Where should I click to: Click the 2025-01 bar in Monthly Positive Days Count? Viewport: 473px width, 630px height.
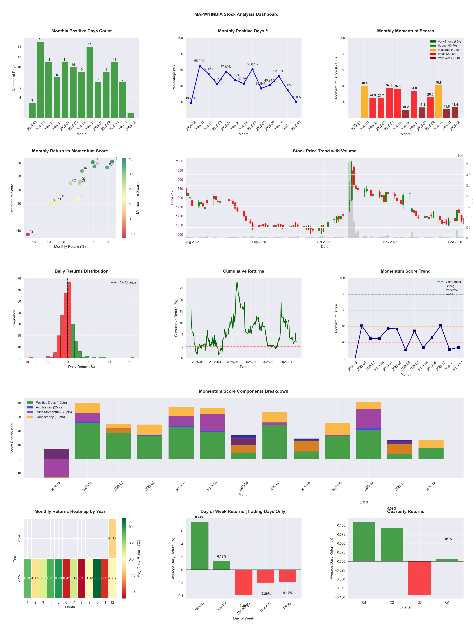pyautogui.click(x=40, y=80)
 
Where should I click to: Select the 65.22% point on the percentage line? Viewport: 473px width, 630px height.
pyautogui.click(x=200, y=66)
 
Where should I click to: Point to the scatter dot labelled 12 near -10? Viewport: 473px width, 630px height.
pyautogui.click(x=28, y=234)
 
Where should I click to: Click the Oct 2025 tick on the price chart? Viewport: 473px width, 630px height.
pyautogui.click(x=323, y=242)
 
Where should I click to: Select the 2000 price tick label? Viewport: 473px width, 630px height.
pyautogui.click(x=179, y=161)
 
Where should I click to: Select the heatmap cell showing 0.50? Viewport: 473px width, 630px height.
pyautogui.click(x=97, y=578)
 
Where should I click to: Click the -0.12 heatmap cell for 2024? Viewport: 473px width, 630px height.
pyautogui.click(x=112, y=538)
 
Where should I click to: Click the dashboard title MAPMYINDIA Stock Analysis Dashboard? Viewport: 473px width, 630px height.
pyautogui.click(x=236, y=14)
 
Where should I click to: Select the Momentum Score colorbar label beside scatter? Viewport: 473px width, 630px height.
pyautogui.click(x=138, y=198)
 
